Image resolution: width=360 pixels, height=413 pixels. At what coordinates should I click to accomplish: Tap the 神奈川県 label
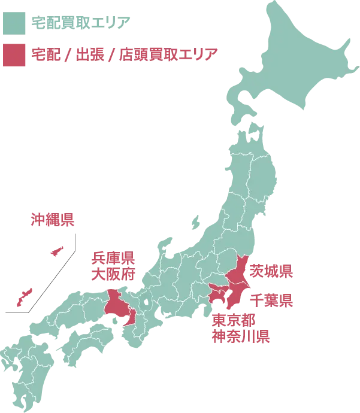[239, 335]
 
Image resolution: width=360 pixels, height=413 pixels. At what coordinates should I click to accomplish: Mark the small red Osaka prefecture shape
[129, 316]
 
